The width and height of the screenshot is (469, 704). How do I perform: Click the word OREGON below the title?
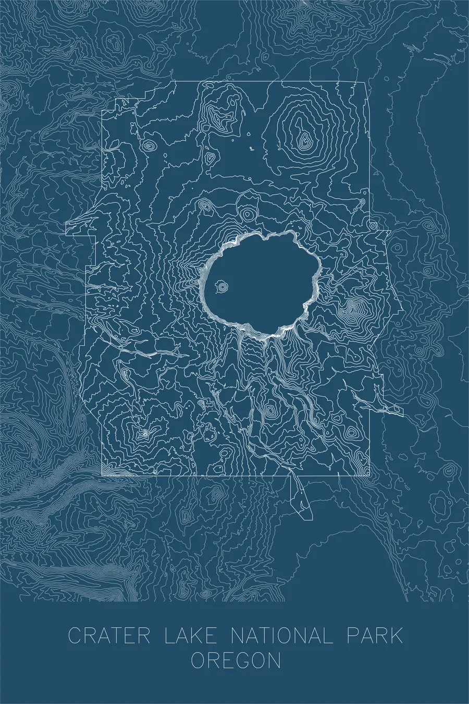(236, 662)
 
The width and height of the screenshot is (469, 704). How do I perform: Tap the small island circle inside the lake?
(222, 286)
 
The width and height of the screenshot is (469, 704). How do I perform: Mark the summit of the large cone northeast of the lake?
(303, 139)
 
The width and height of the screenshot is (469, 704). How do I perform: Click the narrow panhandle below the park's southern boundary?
(300, 498)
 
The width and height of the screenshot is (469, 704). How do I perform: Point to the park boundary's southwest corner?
(102, 475)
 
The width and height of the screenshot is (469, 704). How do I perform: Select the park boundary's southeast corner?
(371, 475)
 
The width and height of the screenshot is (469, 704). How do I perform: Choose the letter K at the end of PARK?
(396, 636)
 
